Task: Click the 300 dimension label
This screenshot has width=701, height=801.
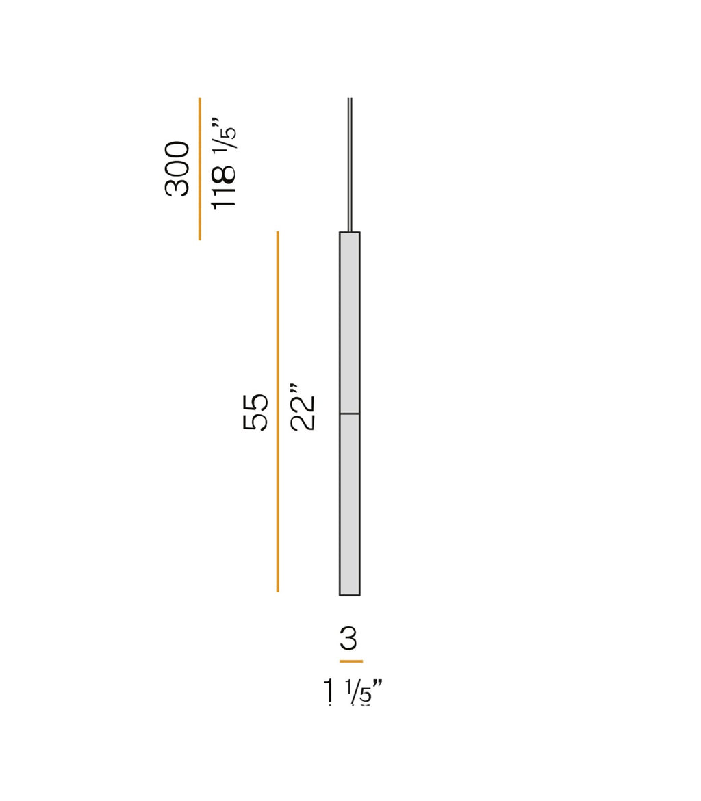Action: (x=177, y=168)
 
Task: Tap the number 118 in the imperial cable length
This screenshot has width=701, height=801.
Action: (x=224, y=186)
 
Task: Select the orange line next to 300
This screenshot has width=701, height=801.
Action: (x=200, y=168)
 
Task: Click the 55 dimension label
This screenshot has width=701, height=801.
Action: (x=256, y=411)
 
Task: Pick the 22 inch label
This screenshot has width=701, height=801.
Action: (x=303, y=411)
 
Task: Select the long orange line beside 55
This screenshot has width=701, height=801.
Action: (x=277, y=411)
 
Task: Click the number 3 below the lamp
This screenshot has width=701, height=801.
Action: (x=348, y=639)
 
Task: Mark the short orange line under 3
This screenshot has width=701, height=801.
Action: (x=350, y=661)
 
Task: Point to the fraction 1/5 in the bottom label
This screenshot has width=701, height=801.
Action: (x=359, y=692)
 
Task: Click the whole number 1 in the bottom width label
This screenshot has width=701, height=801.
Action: (x=331, y=692)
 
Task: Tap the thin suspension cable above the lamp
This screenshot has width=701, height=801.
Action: (x=350, y=164)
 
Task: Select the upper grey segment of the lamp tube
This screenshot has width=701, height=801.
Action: (x=350, y=322)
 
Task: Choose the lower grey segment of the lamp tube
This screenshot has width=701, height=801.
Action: (x=350, y=503)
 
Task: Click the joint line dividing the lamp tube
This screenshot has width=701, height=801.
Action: (x=350, y=414)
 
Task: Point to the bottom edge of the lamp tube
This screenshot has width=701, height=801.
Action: (x=350, y=594)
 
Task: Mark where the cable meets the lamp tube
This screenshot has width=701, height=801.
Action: (x=350, y=232)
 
